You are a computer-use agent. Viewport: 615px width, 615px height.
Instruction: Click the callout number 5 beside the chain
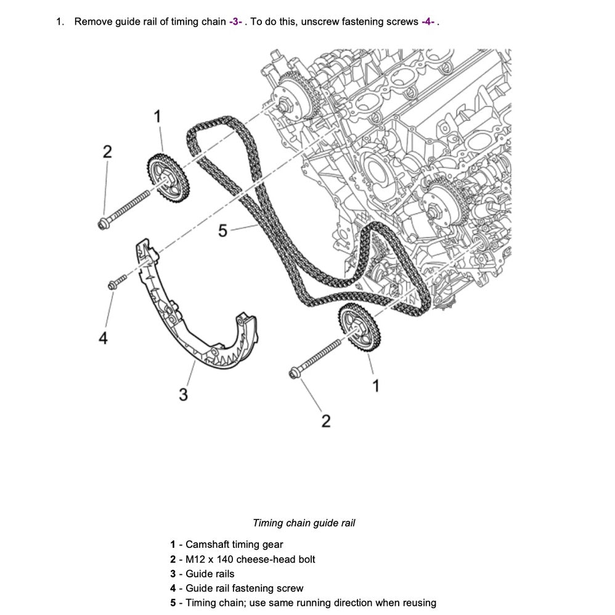pyautogui.click(x=223, y=231)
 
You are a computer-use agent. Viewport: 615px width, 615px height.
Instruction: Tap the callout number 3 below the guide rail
pyautogui.click(x=183, y=394)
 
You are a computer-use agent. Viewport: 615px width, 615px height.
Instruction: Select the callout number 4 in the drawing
pyautogui.click(x=104, y=338)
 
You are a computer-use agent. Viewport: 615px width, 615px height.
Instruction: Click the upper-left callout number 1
pyautogui.click(x=157, y=116)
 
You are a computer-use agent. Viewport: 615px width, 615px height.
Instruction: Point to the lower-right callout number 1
pyautogui.click(x=377, y=386)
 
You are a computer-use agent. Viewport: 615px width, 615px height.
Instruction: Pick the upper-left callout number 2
pyautogui.click(x=107, y=152)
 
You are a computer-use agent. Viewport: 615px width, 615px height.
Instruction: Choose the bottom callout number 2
pyautogui.click(x=326, y=421)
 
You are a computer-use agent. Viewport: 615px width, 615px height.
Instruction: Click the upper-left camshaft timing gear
pyautogui.click(x=167, y=179)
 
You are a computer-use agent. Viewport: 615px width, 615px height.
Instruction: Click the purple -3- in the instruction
pyautogui.click(x=235, y=22)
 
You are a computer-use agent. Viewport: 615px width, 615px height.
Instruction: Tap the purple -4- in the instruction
pyautogui.click(x=428, y=22)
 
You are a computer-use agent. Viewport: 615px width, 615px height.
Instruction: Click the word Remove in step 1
pyautogui.click(x=90, y=22)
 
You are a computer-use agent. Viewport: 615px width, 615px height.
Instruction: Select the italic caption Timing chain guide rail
pyautogui.click(x=304, y=523)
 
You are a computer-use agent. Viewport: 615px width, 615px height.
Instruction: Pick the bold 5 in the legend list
pyautogui.click(x=173, y=603)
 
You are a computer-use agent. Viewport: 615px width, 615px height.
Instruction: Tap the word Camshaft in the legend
pyautogui.click(x=208, y=545)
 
